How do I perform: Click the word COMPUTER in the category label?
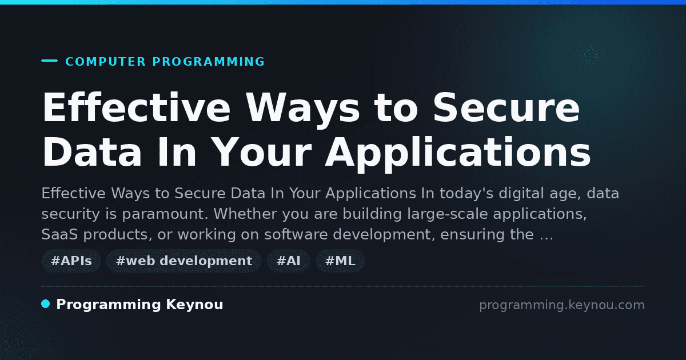105,62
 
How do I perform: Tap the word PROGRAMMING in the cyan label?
208,62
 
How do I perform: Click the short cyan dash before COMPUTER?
49,61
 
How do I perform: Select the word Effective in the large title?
136,108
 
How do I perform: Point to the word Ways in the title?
303,110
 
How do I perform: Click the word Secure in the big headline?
506,108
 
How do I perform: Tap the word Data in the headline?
92,152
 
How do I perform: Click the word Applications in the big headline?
458,154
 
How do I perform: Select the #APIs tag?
71,261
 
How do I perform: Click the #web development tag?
184,261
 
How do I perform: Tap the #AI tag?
289,261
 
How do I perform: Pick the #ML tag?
340,261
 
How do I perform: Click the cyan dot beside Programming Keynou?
46,304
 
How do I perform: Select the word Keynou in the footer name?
194,305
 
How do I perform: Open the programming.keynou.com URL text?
562,305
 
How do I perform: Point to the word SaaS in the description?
59,234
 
